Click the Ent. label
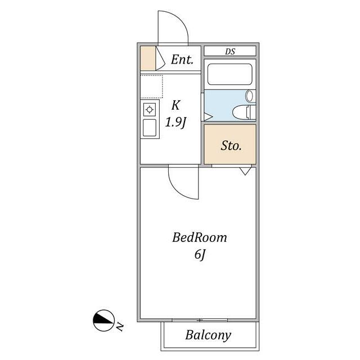tap(182, 60)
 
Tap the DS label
tap(230, 51)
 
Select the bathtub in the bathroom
tap(230, 74)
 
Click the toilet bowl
tap(241, 112)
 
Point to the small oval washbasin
tap(249, 96)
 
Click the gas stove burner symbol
tap(150, 110)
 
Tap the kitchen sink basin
tap(150, 128)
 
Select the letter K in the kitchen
tap(175, 105)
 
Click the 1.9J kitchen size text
tap(175, 123)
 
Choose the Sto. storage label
tap(231, 146)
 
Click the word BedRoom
tap(200, 237)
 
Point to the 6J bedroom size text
tap(200, 255)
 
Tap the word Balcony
tap(208, 335)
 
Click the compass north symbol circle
tap(103, 321)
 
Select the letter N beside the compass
tap(120, 326)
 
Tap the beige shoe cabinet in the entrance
tap(148, 58)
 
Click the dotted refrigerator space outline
tap(151, 86)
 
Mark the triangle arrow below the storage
tap(245, 171)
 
